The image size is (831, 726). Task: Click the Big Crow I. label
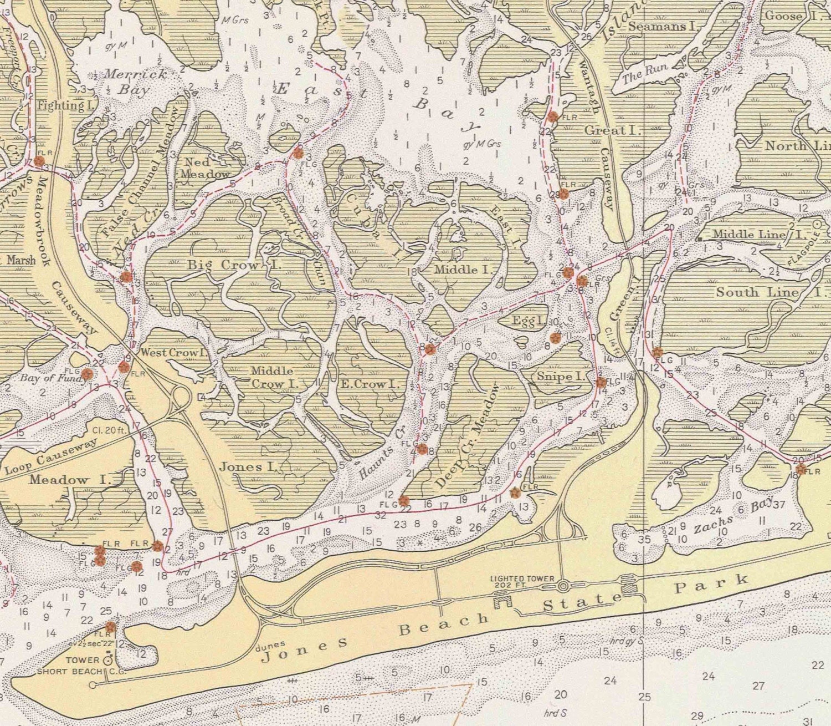[x=234, y=265]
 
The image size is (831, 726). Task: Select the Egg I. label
[x=526, y=321]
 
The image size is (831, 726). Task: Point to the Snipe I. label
[x=560, y=377]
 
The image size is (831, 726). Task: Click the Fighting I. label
[x=60, y=105]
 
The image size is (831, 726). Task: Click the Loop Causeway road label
[x=51, y=456]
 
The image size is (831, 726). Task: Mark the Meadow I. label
[x=70, y=480]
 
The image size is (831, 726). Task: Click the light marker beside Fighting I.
[x=39, y=161]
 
